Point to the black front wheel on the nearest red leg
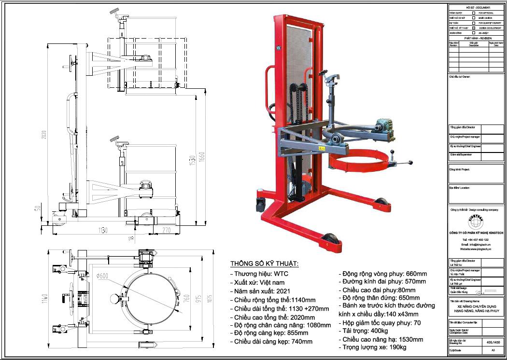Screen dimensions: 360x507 pyautogui.click(x=333, y=240)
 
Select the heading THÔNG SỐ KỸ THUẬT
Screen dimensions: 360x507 pyautogui.click(x=264, y=264)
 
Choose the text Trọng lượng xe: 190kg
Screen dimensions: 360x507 pyautogui.click(x=373, y=347)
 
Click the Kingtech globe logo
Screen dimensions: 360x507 pyautogui.click(x=476, y=222)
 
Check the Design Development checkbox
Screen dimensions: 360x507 pyautogui.click(x=474, y=28)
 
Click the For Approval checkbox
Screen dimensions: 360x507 pyautogui.click(x=474, y=13)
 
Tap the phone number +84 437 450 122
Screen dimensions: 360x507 pyautogui.click(x=475, y=239)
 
